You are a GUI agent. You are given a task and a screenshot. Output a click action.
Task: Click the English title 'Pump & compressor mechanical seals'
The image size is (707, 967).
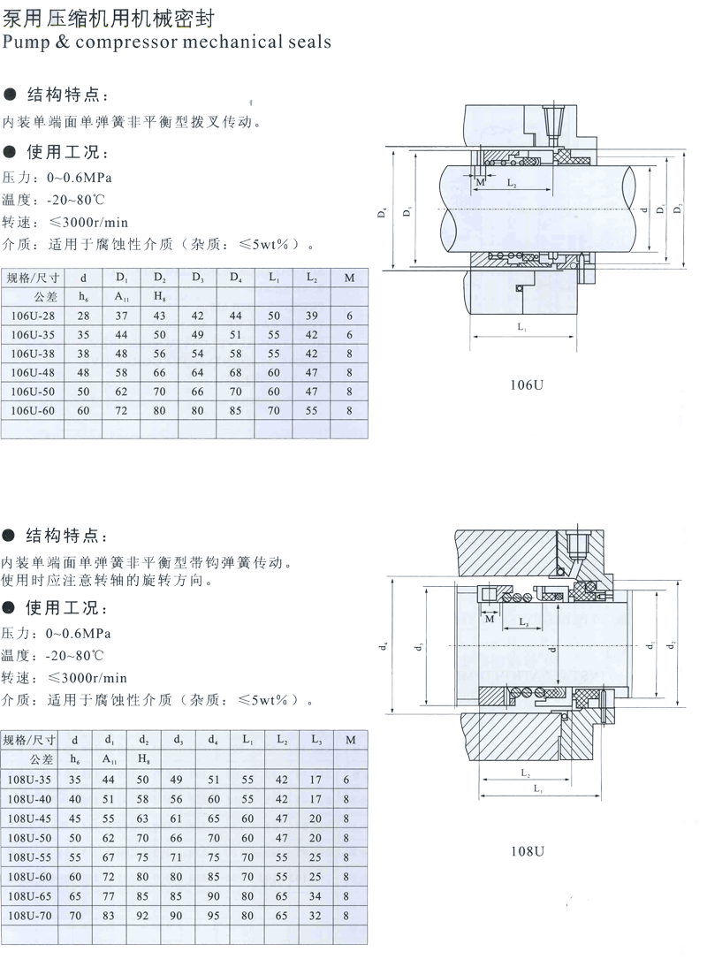coord(167,41)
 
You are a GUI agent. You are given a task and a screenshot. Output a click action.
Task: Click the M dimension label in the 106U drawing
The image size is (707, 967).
coord(480,183)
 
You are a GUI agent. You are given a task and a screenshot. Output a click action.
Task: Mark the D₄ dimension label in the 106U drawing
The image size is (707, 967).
coord(382,213)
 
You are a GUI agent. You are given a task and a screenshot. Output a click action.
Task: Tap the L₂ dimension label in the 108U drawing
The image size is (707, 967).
coord(525,773)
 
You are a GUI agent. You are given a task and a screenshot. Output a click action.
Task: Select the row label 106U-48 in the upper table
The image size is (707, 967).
coord(31,371)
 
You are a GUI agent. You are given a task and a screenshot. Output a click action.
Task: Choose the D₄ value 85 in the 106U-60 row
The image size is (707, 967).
coord(236,410)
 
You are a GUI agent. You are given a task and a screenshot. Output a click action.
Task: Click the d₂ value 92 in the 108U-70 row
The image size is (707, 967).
coord(143,916)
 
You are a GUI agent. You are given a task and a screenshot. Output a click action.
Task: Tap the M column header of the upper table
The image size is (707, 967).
coord(349,278)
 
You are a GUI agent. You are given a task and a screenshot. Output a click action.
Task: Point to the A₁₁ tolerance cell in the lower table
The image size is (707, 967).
coord(110,758)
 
